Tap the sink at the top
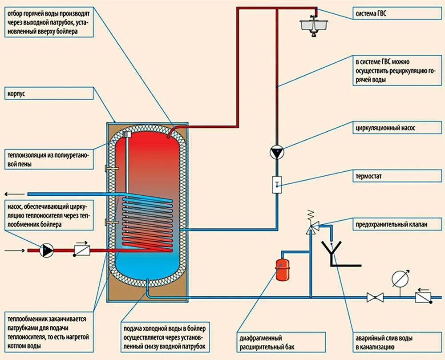pyautogui.click(x=314, y=26)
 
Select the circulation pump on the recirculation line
pyautogui.click(x=277, y=153)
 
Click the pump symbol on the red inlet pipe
pyautogui.click(x=46, y=250)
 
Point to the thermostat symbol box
pyautogui.click(x=277, y=185)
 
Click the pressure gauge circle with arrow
pyautogui.click(x=400, y=279)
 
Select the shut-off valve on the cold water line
pyautogui.click(x=375, y=297)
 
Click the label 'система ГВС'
pyautogui.click(x=371, y=14)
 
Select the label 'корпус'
pyautogui.click(x=16, y=93)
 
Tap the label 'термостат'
pyautogui.click(x=368, y=176)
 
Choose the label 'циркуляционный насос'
pyautogui.click(x=385, y=128)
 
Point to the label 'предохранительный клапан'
pyautogui.click(x=391, y=224)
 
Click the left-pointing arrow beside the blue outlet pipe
pyautogui.click(x=15, y=194)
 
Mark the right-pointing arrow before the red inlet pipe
pyautogui.click(x=15, y=251)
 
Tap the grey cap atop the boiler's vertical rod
pyautogui.click(x=126, y=134)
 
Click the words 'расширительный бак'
pyautogui.click(x=267, y=347)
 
